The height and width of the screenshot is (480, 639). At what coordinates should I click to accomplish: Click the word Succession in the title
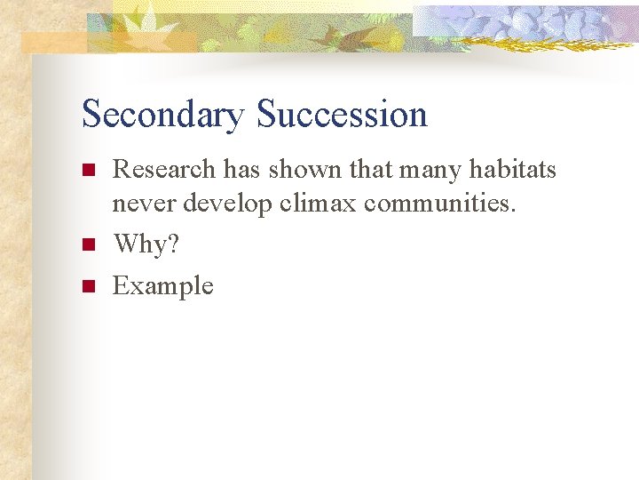click(x=342, y=116)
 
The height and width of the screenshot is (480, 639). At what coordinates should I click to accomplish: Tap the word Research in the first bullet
click(x=164, y=168)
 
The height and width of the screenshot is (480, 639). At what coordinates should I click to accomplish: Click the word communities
click(x=440, y=204)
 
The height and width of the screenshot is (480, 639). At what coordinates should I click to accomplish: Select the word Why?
click(x=146, y=244)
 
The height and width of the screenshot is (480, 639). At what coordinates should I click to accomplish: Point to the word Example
click(x=162, y=286)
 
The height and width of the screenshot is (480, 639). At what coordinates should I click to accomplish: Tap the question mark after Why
click(x=172, y=244)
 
